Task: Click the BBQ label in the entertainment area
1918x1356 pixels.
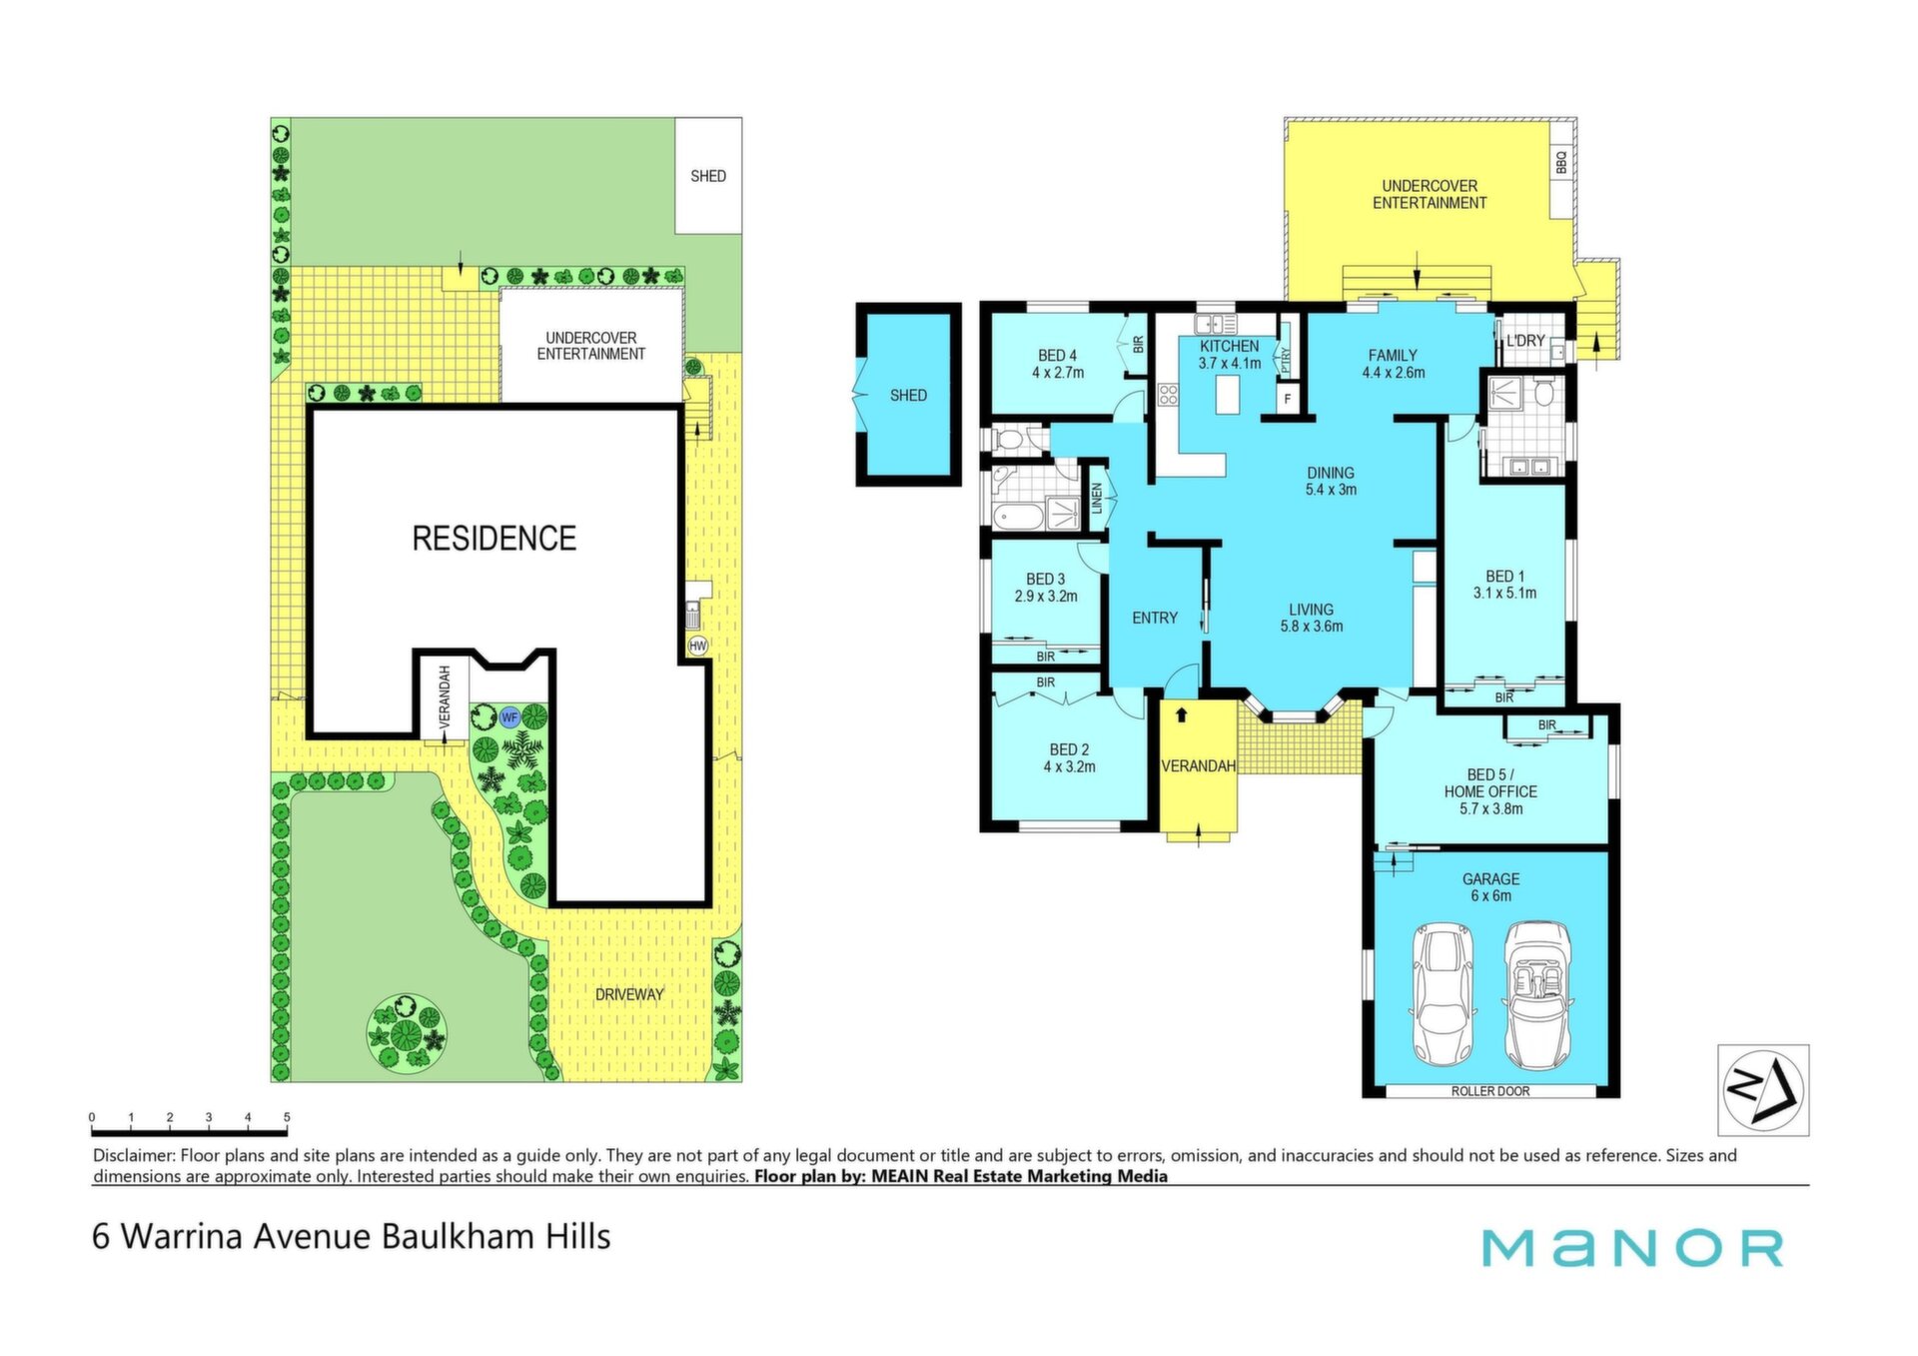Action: click(x=1561, y=162)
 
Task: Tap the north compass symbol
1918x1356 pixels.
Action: click(x=1763, y=1090)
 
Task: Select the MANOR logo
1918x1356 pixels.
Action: click(x=1632, y=1248)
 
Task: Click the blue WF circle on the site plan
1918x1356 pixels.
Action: click(x=509, y=717)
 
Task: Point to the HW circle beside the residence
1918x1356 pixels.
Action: click(x=698, y=647)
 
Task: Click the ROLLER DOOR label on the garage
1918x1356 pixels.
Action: click(x=1490, y=1091)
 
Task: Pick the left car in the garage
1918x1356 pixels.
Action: click(x=1441, y=995)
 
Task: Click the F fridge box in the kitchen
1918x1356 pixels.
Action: click(x=1288, y=399)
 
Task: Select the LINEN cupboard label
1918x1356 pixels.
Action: click(x=1097, y=498)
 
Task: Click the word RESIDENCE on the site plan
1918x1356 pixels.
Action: click(x=494, y=539)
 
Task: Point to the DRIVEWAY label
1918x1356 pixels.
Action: click(x=629, y=994)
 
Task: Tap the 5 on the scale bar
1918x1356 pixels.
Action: click(x=287, y=1117)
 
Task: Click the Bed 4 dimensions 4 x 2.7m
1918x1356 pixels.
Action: click(x=1058, y=373)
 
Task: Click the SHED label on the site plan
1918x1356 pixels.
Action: click(x=708, y=176)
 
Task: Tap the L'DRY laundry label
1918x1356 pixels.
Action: click(x=1525, y=341)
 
